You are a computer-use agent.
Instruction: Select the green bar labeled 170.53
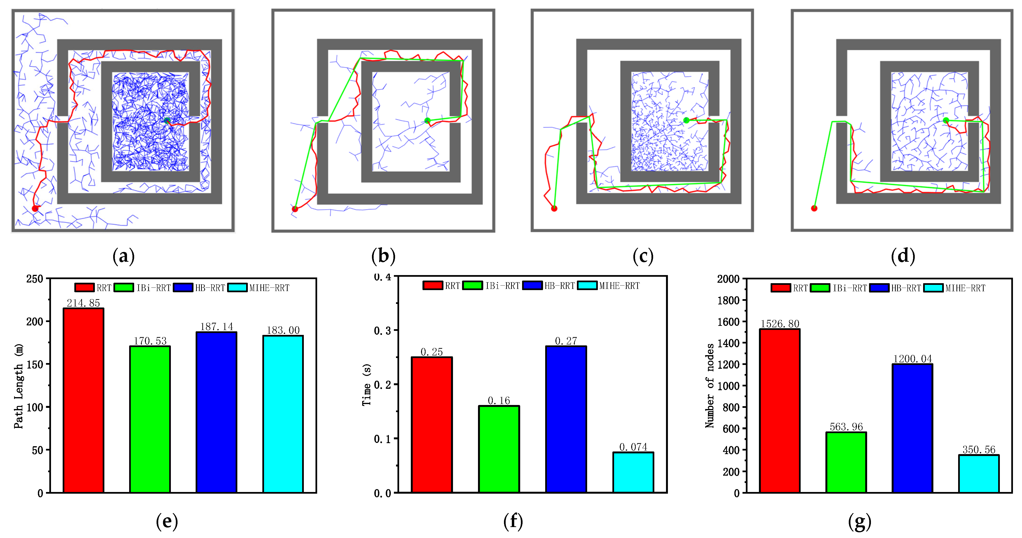coord(150,419)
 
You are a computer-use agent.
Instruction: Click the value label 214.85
coord(83,303)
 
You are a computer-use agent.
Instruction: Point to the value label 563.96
coord(846,427)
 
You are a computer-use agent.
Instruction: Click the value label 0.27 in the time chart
coord(566,341)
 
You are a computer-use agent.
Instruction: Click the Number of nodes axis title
coord(710,386)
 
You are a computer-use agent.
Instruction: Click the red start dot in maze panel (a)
coord(35,208)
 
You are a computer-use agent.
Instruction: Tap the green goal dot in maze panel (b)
coord(427,121)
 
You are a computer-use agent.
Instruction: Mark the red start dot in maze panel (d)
coord(814,208)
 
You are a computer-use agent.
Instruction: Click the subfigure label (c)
coord(643,256)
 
